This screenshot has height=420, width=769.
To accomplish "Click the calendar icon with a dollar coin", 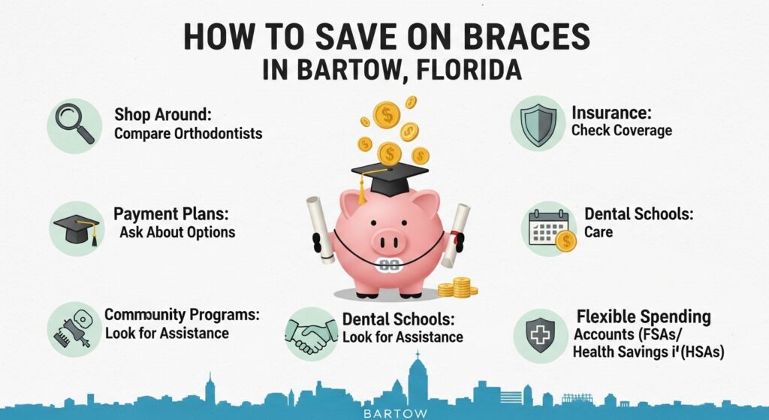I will pos(550,229).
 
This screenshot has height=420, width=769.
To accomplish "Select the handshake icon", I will pos(312,335).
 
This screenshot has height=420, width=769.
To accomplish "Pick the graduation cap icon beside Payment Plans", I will pos(77,228).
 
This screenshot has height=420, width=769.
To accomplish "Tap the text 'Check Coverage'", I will pos(621,130).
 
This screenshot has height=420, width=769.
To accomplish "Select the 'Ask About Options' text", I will pos(177,231).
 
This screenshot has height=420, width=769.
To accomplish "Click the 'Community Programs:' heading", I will pos(181,315).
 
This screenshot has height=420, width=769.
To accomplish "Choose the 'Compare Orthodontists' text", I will pos(188,135).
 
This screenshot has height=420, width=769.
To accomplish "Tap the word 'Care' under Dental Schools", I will pos(599,232).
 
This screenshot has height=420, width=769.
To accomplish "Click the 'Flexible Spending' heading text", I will pos(643,316).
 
